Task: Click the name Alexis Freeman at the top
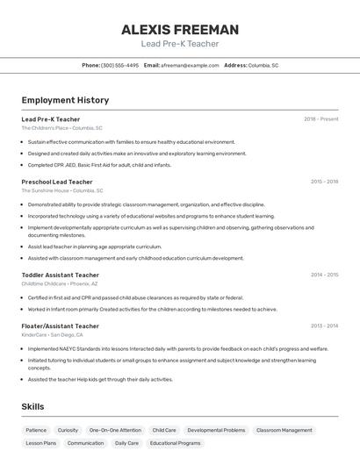[x=179, y=30]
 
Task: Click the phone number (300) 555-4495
[x=119, y=65]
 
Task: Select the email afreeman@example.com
[x=189, y=65]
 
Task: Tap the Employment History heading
[x=65, y=100]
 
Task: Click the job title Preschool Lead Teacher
[x=57, y=182]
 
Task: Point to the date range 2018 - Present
[x=320, y=119]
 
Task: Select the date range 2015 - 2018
[x=324, y=182]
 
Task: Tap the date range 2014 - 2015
[x=324, y=275]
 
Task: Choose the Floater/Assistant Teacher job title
[x=60, y=325]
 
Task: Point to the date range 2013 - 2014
[x=324, y=325]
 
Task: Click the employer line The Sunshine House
[x=62, y=190]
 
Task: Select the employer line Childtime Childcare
[x=60, y=283]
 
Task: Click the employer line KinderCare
[x=53, y=334]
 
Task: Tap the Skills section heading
[x=32, y=406]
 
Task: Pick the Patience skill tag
[x=36, y=431]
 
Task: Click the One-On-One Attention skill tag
[x=115, y=431]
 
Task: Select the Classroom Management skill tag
[x=284, y=431]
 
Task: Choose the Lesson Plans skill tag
[x=40, y=443]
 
